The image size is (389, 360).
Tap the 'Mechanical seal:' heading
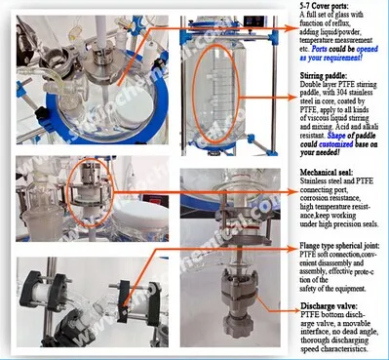point(325,171)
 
